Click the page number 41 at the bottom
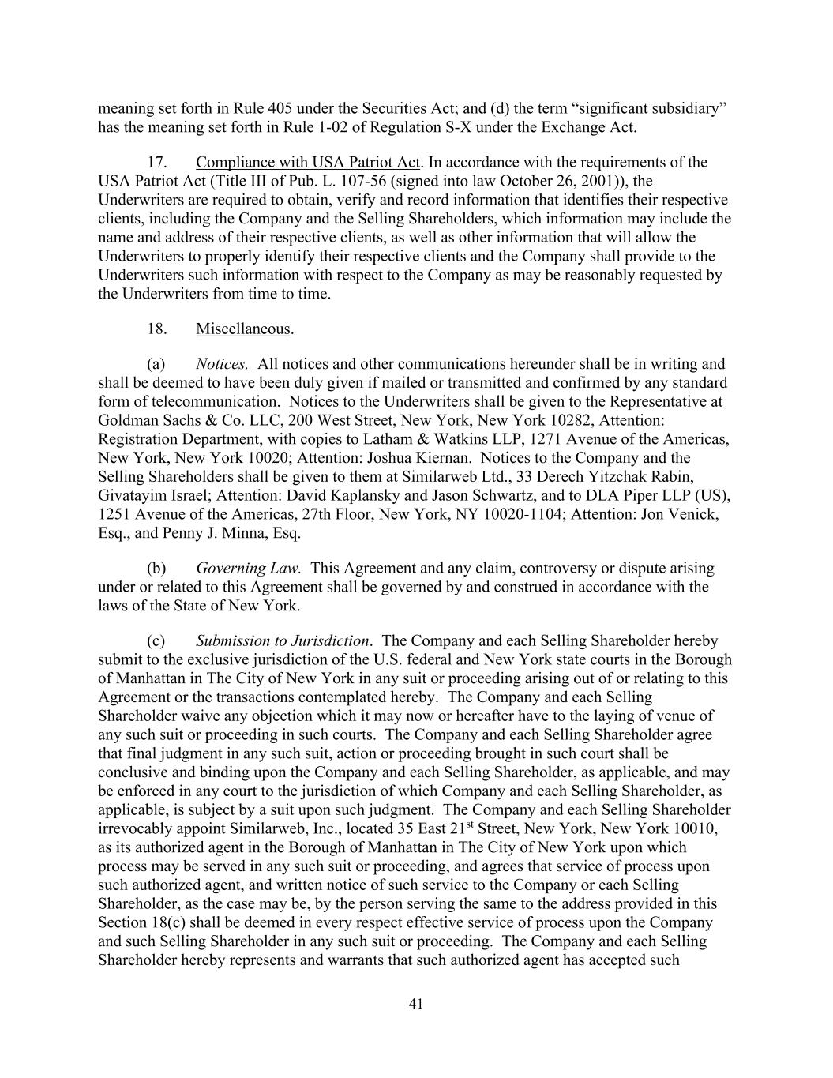(x=417, y=1004)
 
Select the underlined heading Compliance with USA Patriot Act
(x=308, y=163)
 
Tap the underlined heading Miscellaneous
(x=243, y=329)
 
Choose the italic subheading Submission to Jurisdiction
(x=283, y=640)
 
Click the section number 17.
(x=156, y=163)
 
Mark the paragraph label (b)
(x=156, y=568)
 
